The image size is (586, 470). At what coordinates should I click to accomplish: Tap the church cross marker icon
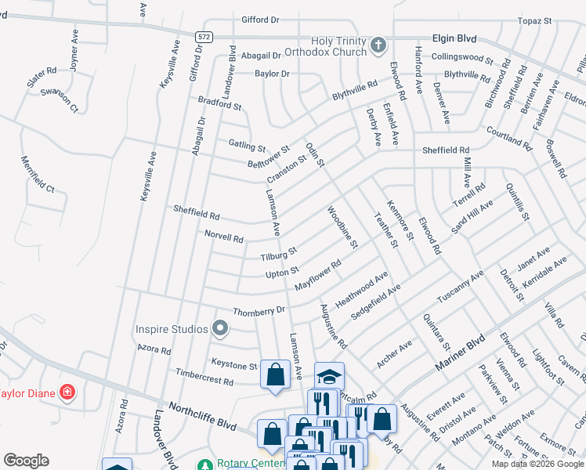click(378, 45)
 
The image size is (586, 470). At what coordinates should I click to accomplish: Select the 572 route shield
click(204, 37)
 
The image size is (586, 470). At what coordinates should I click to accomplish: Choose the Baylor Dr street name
click(272, 74)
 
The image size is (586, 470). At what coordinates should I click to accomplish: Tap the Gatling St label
click(247, 145)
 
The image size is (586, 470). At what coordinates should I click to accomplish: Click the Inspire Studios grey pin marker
click(221, 329)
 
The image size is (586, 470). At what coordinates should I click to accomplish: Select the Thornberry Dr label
click(259, 310)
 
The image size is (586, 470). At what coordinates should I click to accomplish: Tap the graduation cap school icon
click(330, 374)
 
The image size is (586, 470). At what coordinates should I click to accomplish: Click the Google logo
click(26, 461)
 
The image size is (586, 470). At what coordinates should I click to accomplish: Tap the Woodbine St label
click(342, 227)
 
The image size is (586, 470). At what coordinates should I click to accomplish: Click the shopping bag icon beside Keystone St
click(275, 374)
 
